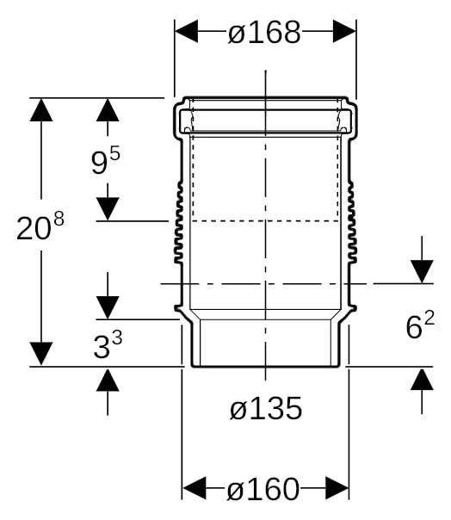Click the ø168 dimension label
264,32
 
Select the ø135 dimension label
266,408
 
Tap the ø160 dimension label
263,489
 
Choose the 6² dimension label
420,325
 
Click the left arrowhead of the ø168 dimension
187,31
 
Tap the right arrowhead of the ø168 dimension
344,31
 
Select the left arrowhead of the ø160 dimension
195,488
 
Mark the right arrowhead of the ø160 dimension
337,488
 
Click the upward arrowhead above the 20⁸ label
41,110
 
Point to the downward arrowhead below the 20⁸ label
41,353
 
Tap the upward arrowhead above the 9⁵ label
108,110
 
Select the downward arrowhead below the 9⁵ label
108,209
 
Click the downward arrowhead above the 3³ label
108,307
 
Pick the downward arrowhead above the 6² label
422,272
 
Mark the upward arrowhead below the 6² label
422,379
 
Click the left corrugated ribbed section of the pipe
179,222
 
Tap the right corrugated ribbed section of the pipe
352,222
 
